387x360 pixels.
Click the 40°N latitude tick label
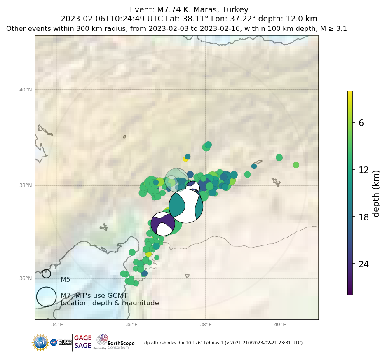(26, 90)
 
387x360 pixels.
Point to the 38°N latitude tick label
(26, 185)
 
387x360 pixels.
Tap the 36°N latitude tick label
(26, 278)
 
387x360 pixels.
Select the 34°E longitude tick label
(57, 325)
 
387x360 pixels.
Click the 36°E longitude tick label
(131, 325)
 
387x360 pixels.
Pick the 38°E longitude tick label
(206, 325)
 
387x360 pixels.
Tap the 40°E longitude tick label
(280, 325)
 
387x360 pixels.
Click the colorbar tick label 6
(361, 123)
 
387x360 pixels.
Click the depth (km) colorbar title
(376, 193)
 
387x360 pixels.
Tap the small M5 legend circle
(46, 274)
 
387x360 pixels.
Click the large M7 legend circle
(46, 297)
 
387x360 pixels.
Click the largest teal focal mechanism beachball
(186, 206)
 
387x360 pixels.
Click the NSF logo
(40, 342)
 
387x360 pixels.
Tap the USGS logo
(65, 342)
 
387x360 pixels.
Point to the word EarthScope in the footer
(121, 343)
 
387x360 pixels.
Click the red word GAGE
(83, 338)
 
